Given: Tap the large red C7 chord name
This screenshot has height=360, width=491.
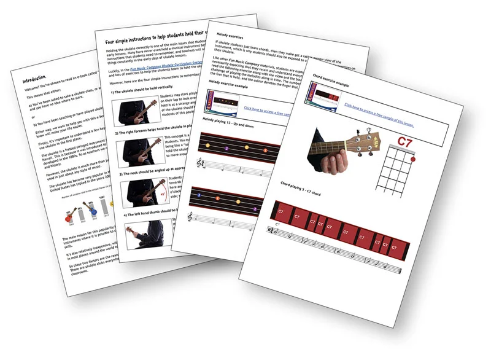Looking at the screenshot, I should pos(422,143).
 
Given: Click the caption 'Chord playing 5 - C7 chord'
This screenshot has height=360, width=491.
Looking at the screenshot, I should pos(306,184).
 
